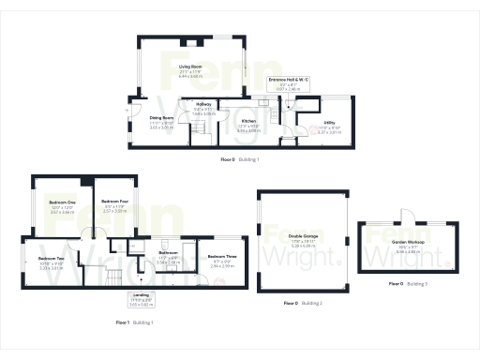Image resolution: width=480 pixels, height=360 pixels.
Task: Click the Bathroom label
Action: click(169, 252)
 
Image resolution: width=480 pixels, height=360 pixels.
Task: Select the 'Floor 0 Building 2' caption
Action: click(304, 303)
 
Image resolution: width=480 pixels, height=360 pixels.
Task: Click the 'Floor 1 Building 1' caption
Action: click(134, 322)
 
